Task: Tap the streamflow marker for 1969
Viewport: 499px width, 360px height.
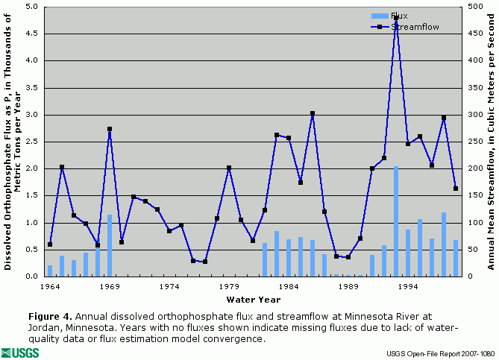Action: [x=110, y=129]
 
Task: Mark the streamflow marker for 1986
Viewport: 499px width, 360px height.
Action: [x=313, y=113]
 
